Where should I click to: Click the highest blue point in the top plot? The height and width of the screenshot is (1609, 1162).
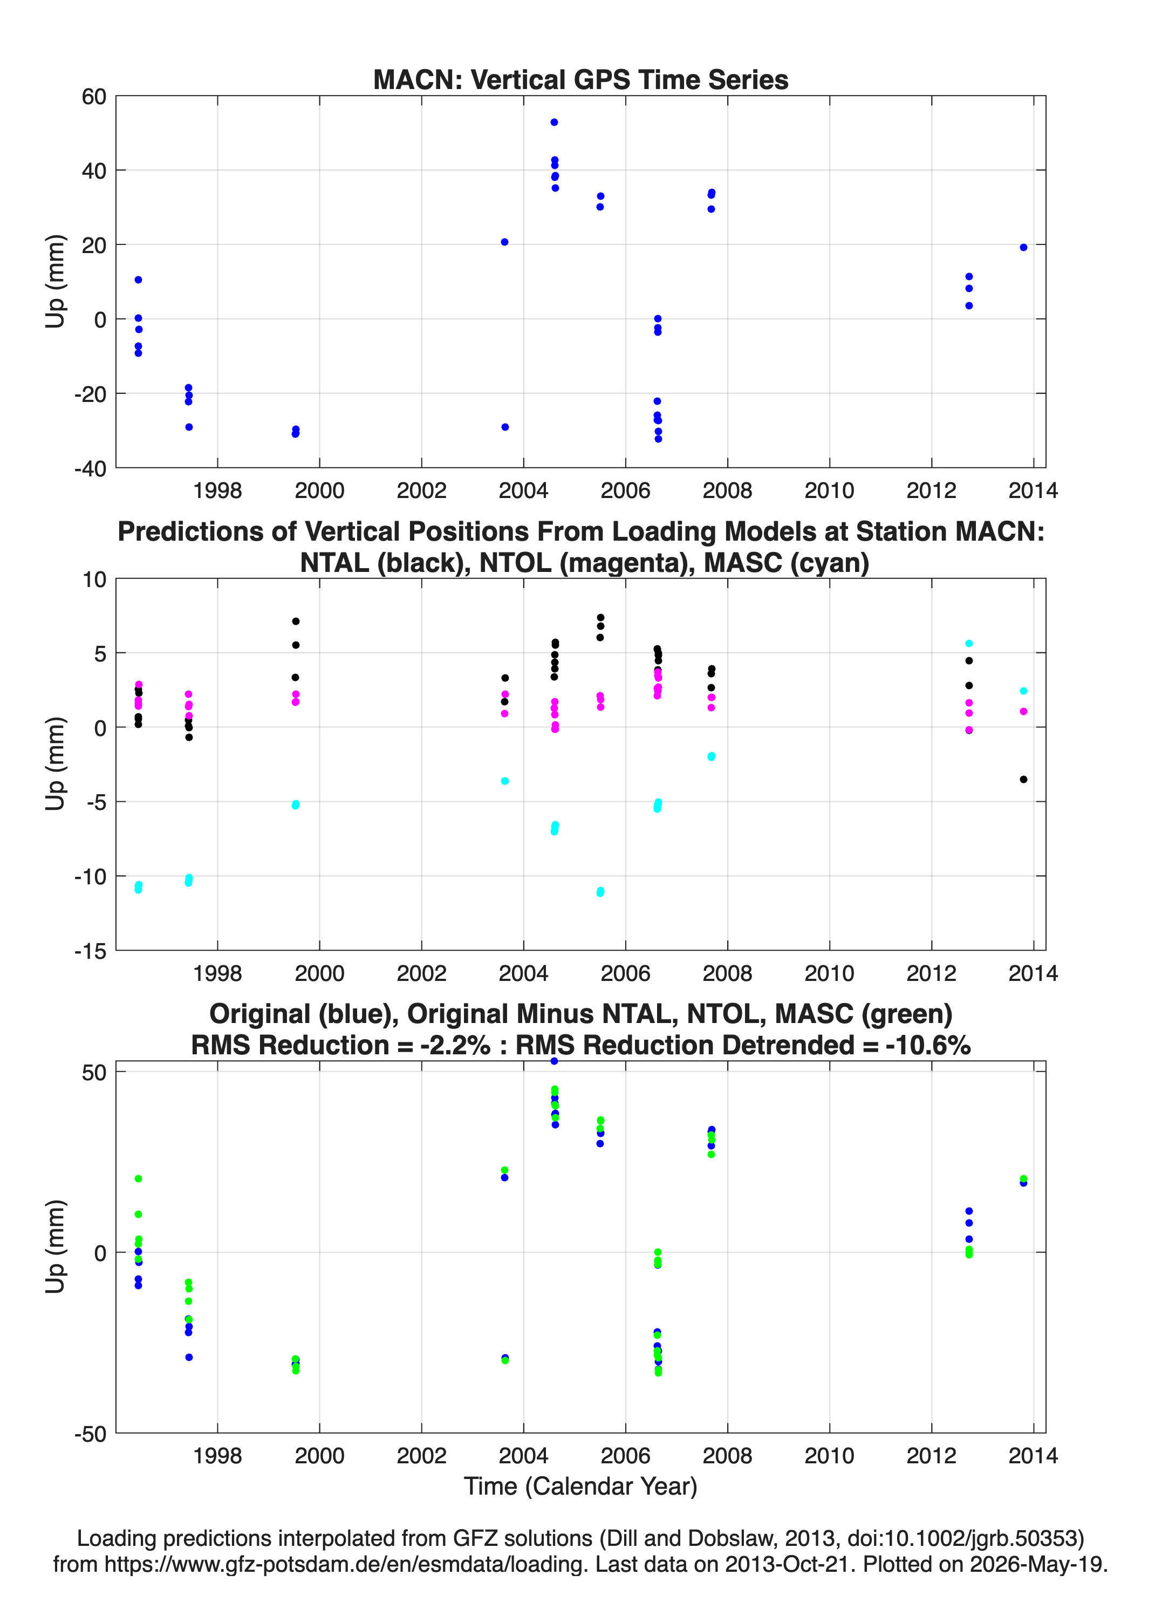[554, 122]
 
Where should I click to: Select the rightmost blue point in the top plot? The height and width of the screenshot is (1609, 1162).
[1023, 247]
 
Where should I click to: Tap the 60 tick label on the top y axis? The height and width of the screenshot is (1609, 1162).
[94, 97]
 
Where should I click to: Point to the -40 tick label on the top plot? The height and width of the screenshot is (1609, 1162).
[90, 468]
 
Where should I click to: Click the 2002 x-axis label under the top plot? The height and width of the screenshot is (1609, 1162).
[421, 490]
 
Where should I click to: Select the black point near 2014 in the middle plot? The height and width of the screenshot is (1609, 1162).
[1023, 779]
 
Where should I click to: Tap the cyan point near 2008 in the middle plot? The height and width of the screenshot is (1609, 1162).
[712, 756]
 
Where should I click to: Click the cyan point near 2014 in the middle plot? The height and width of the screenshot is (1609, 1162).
[1023, 690]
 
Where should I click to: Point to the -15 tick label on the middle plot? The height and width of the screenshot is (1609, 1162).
[90, 951]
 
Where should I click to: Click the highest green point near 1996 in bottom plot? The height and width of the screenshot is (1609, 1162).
[138, 1178]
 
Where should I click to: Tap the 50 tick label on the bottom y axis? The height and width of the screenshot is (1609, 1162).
[94, 1072]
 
